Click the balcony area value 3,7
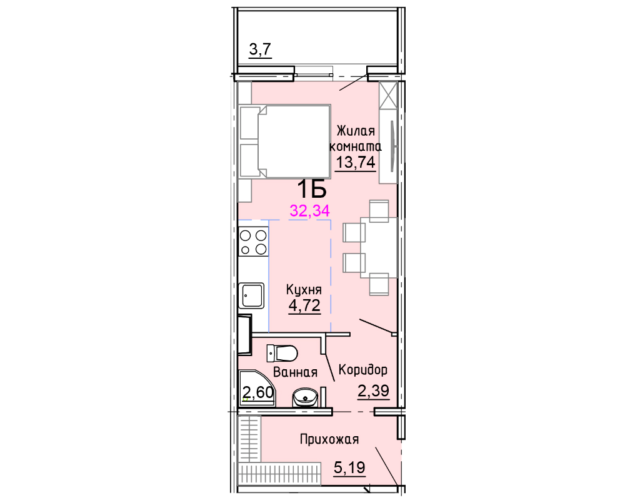pyautogui.click(x=261, y=50)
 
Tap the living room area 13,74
pyautogui.click(x=356, y=162)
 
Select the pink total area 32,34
pyautogui.click(x=310, y=211)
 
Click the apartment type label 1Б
pyautogui.click(x=311, y=189)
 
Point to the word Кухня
pyautogui.click(x=304, y=290)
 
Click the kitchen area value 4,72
pyautogui.click(x=304, y=305)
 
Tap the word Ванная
pyautogui.click(x=295, y=372)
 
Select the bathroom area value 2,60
pyautogui.click(x=258, y=392)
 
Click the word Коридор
pyautogui.click(x=363, y=370)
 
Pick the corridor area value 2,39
pyautogui.click(x=374, y=391)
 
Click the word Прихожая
pyautogui.click(x=329, y=439)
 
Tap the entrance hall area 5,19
pyautogui.click(x=349, y=467)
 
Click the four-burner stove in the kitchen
pyautogui.click(x=254, y=242)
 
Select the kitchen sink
pyautogui.click(x=253, y=295)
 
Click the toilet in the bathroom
pyautogui.click(x=282, y=353)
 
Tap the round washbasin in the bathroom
pyautogui.click(x=305, y=397)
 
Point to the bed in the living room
pyautogui.click(x=285, y=141)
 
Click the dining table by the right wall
pyautogui.click(x=379, y=248)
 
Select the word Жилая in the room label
pyautogui.click(x=356, y=131)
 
